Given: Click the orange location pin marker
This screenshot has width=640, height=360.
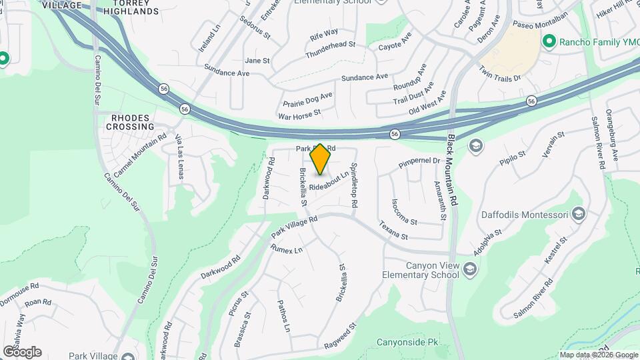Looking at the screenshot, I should pyautogui.click(x=321, y=159).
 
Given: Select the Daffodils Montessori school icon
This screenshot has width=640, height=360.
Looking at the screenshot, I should pyautogui.click(x=579, y=214).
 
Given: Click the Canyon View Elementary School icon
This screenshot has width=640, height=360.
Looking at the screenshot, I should pyautogui.click(x=471, y=269).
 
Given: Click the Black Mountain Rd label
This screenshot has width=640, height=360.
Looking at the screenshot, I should pyautogui.click(x=453, y=170).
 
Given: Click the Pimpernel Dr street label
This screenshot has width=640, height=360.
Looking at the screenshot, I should pyautogui.click(x=418, y=161).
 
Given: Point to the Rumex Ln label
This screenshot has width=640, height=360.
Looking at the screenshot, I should pyautogui.click(x=286, y=249).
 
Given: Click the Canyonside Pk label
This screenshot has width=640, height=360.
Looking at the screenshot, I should pyautogui.click(x=408, y=343).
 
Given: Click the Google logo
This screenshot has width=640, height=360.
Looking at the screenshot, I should pyautogui.click(x=22, y=352).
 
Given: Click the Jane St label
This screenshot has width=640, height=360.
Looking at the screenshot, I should pyautogui.click(x=257, y=61).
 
